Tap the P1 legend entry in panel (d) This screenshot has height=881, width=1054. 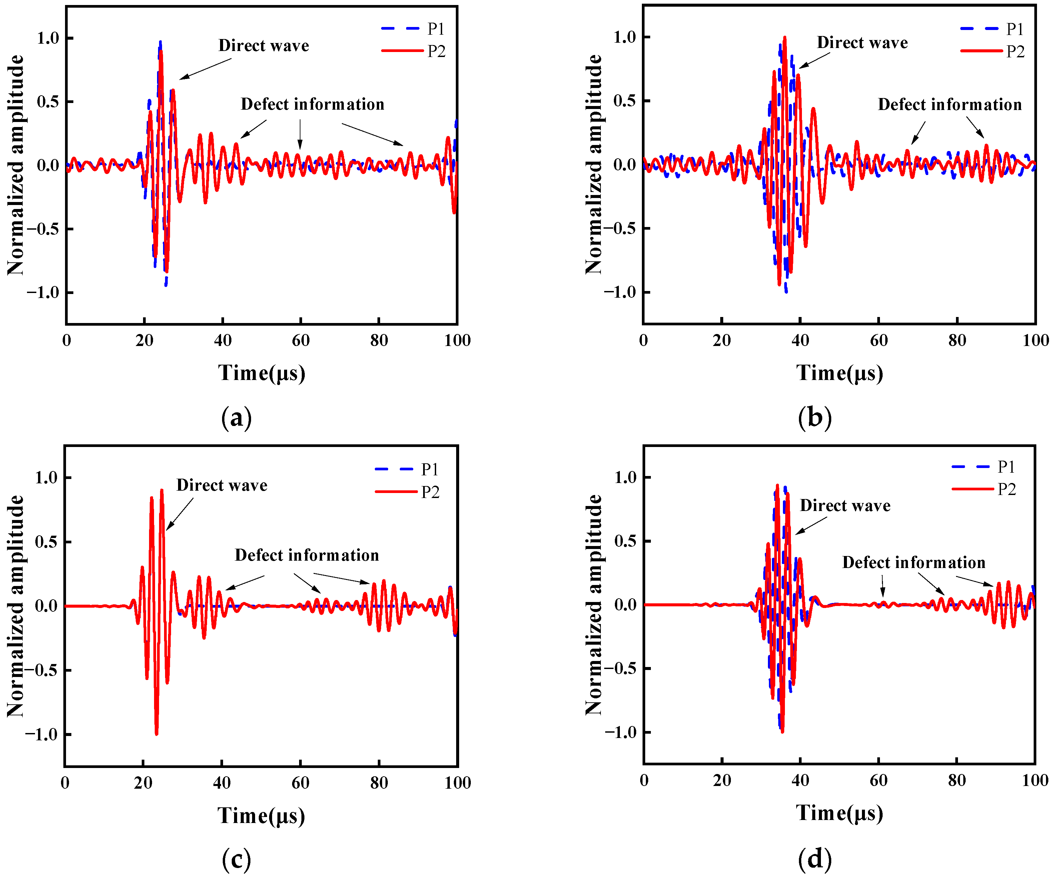[x=1006, y=467]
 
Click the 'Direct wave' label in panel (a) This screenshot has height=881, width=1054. [x=263, y=46]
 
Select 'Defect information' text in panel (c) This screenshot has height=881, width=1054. [x=307, y=555]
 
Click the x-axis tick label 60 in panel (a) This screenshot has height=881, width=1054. [x=301, y=341]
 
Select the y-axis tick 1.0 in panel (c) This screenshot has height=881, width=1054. [x=46, y=478]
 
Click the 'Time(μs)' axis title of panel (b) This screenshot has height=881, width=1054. [x=839, y=373]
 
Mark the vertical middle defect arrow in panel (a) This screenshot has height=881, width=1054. [x=300, y=134]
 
